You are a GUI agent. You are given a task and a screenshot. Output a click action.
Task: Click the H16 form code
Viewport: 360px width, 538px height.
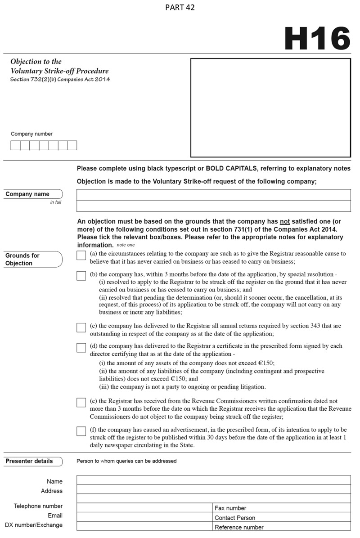coord(317,38)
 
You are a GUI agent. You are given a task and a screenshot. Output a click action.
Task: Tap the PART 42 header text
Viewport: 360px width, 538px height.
coord(180,8)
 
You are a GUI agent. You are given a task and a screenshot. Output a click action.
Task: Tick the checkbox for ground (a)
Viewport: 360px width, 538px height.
coord(81,256)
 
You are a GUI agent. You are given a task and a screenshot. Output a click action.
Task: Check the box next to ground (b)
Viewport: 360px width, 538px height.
coord(81,276)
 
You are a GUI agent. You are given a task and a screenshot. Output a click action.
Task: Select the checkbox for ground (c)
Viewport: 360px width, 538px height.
coord(81,327)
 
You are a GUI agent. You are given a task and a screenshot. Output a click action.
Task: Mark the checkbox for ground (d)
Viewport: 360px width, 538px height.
coord(81,348)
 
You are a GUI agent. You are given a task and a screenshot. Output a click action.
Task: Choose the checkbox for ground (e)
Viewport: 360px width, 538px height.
coord(81,402)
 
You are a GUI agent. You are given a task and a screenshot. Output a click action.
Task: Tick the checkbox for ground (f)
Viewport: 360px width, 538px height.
coord(81,431)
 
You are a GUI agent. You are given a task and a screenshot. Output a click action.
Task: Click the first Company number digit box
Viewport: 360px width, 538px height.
coord(15,145)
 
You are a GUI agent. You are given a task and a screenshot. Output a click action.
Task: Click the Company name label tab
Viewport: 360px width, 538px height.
coord(31,194)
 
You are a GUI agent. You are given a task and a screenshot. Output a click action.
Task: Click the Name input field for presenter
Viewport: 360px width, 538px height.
coord(213,480)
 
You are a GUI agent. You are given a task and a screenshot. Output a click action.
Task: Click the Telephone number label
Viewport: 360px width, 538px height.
coord(38,506)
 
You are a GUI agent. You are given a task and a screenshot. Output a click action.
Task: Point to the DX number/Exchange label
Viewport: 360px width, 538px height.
coord(34,525)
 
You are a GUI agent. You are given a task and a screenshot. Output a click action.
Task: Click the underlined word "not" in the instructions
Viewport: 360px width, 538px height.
coord(284,222)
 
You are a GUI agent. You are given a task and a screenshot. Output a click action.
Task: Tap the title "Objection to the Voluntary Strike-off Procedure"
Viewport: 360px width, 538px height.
coord(59,66)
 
